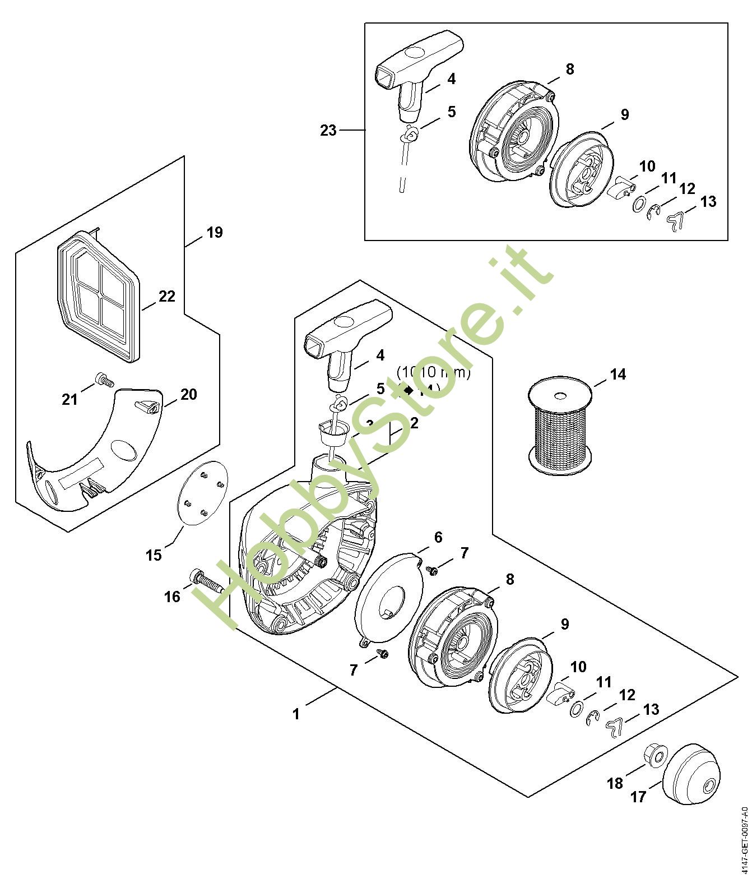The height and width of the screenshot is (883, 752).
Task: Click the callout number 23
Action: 328,131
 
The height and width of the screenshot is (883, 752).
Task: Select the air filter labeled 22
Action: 98,295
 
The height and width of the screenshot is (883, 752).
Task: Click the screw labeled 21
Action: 104,381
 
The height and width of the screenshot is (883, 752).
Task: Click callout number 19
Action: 215,232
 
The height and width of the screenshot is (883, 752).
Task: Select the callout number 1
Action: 296,714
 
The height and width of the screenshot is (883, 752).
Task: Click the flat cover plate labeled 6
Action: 387,599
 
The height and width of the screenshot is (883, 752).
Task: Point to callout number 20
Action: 189,395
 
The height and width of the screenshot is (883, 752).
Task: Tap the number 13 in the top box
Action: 708,201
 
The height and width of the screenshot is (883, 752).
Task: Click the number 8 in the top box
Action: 570,70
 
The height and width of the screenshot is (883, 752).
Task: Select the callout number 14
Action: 618,374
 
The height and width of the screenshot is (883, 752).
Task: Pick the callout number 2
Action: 414,423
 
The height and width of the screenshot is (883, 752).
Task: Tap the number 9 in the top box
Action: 625,114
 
